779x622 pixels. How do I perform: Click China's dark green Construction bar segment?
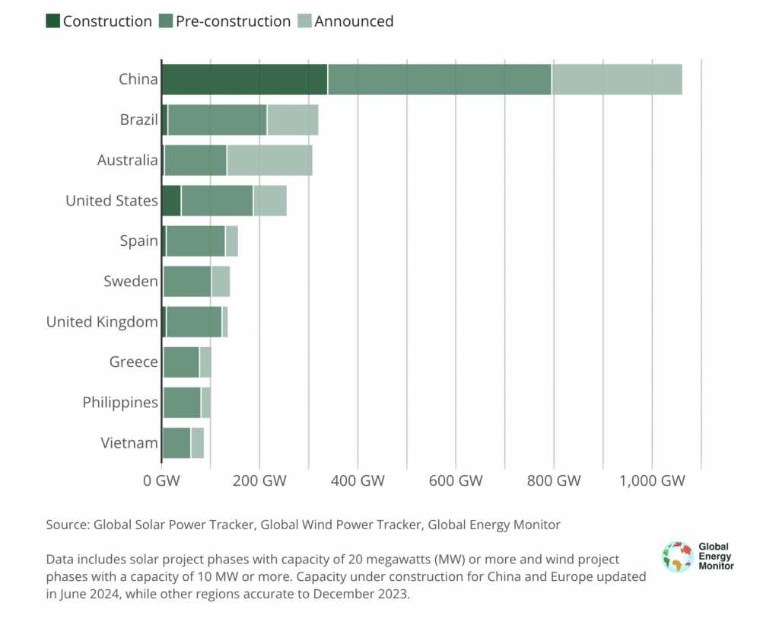pyautogui.click(x=244, y=80)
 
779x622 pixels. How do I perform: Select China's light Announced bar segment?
pyautogui.click(x=616, y=80)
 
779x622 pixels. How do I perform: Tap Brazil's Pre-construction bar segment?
pyautogui.click(x=217, y=120)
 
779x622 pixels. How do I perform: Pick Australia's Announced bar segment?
pyautogui.click(x=269, y=161)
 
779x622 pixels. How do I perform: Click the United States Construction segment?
pyautogui.click(x=171, y=201)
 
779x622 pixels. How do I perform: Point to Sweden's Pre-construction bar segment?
pyautogui.click(x=187, y=282)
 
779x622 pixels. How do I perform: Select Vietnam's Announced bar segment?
pyautogui.click(x=197, y=443)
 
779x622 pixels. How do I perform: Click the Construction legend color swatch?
pyautogui.click(x=52, y=21)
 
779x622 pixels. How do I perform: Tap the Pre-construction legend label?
pyautogui.click(x=233, y=21)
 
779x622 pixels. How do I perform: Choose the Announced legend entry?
pyautogui.click(x=354, y=21)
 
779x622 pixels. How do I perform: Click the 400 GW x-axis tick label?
pyautogui.click(x=358, y=481)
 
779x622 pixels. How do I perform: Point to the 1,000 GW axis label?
pyautogui.click(x=652, y=481)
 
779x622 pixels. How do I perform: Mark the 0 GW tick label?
pyautogui.click(x=161, y=481)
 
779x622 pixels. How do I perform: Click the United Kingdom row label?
pyautogui.click(x=102, y=322)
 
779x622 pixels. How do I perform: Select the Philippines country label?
pyautogui.click(x=120, y=403)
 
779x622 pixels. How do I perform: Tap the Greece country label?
pyautogui.click(x=134, y=362)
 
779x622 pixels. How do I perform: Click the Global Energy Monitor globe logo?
pyautogui.click(x=677, y=557)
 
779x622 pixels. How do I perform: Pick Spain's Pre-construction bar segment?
pyautogui.click(x=196, y=241)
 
